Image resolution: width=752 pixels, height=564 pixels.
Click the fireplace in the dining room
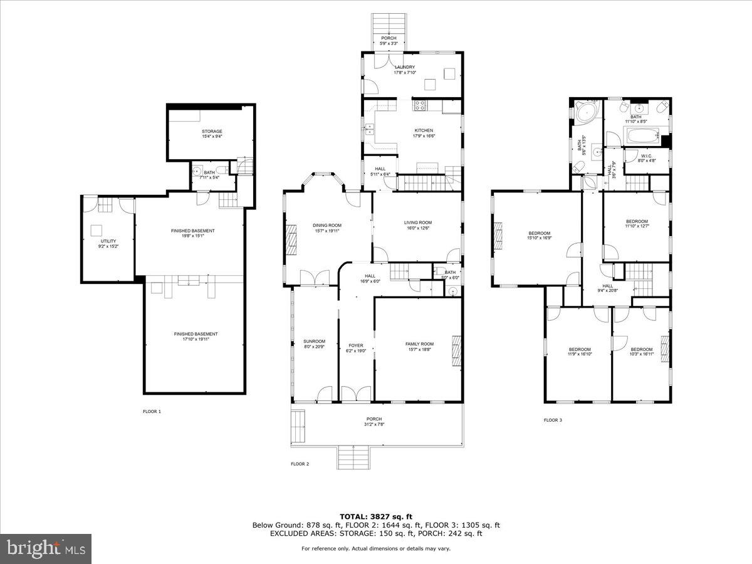pos(291,238)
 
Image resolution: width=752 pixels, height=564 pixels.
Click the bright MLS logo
pos(46,549)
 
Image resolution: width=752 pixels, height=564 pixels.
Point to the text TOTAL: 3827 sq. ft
pos(375,516)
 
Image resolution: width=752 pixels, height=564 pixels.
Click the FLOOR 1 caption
pos(152,412)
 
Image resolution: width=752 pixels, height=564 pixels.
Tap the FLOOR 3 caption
pos(553,420)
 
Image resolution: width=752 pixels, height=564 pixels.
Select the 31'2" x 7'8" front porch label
pos(374,422)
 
